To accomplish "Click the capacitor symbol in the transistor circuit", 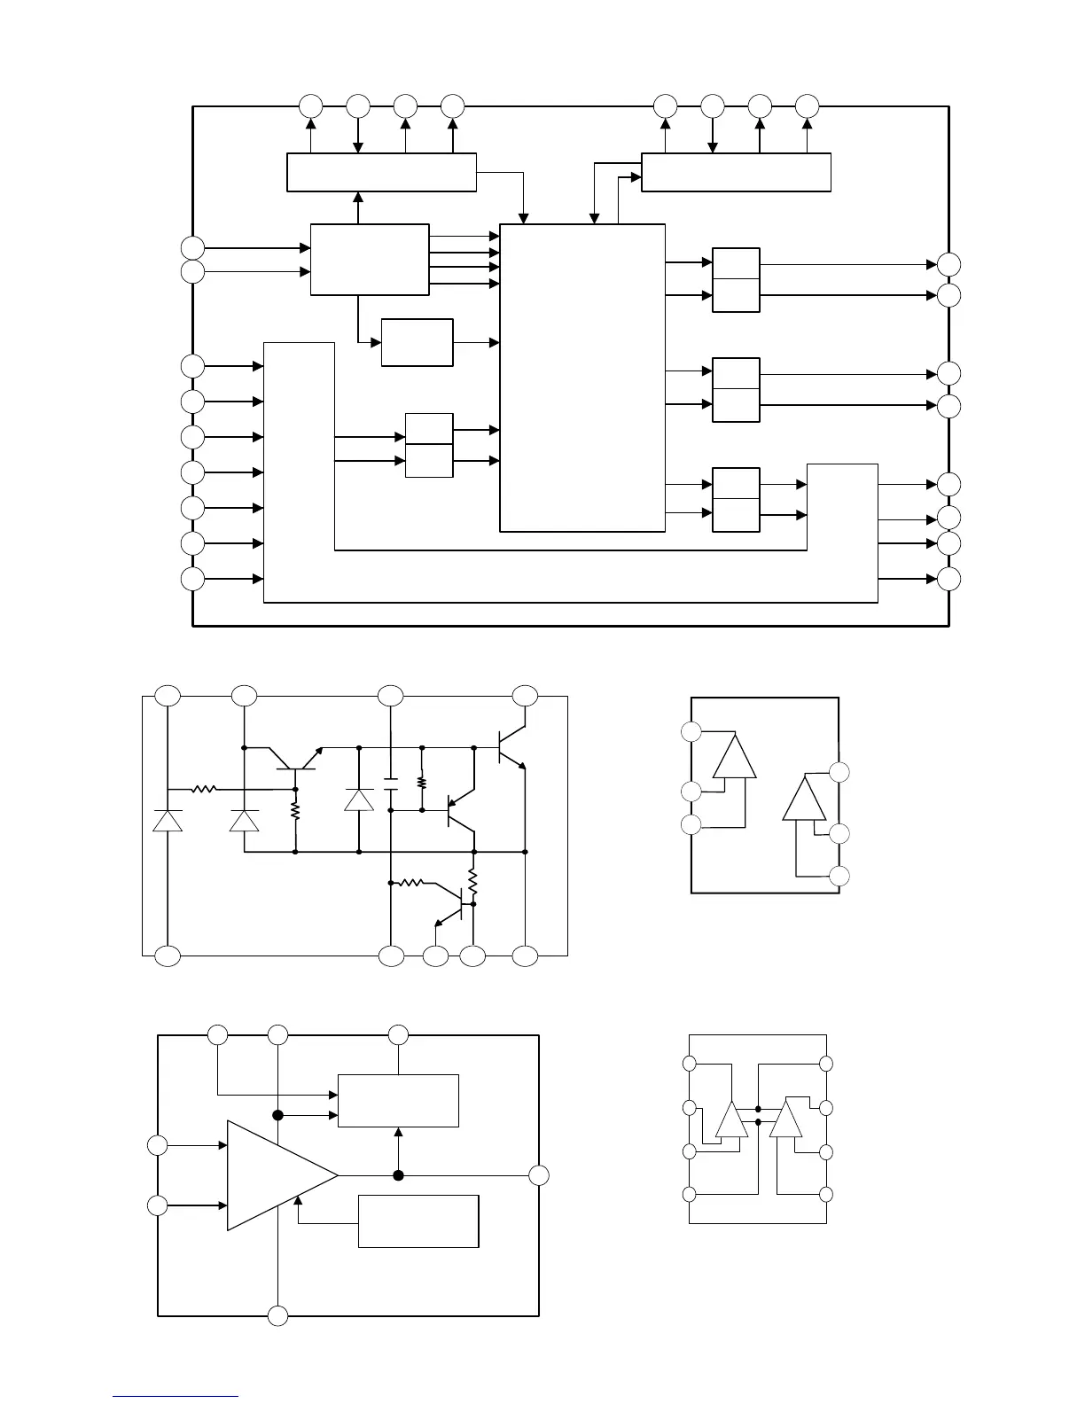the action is [x=391, y=784].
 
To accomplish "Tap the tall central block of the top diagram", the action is [x=582, y=378].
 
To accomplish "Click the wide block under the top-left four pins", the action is [x=381, y=172].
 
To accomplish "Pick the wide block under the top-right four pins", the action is [x=736, y=172].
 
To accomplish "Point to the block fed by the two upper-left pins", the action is [x=370, y=260].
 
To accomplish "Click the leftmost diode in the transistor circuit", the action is [x=168, y=820].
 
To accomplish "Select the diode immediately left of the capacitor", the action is [x=359, y=799].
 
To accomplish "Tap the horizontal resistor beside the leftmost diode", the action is [x=205, y=788].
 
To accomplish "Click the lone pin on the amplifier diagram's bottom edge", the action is [x=278, y=1315].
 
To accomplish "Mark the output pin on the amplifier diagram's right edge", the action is [x=539, y=1175].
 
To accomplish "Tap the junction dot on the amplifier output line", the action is [x=399, y=1175].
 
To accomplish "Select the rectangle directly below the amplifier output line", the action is [x=418, y=1221].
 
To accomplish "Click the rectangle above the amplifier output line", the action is [x=398, y=1101].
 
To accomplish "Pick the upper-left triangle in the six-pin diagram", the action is [x=735, y=758].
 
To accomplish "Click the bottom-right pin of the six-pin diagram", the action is [x=839, y=876].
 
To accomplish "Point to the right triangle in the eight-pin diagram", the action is [x=785, y=1119].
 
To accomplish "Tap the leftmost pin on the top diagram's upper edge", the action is [x=310, y=106].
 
